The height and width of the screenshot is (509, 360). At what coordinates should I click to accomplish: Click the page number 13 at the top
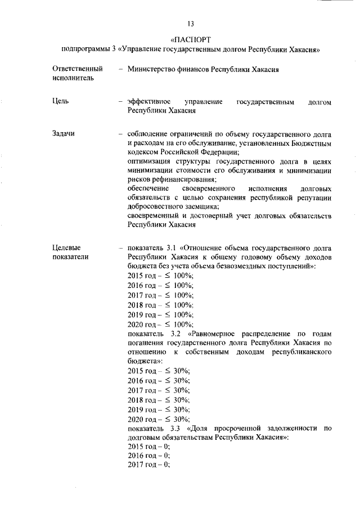click(x=191, y=24)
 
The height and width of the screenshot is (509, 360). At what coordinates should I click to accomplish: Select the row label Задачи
click(x=64, y=134)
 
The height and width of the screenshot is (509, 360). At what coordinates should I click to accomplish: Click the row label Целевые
click(x=66, y=247)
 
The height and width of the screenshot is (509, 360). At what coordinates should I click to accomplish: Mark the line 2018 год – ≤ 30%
click(x=159, y=400)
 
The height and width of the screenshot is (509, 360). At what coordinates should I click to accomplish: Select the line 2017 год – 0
click(x=149, y=466)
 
